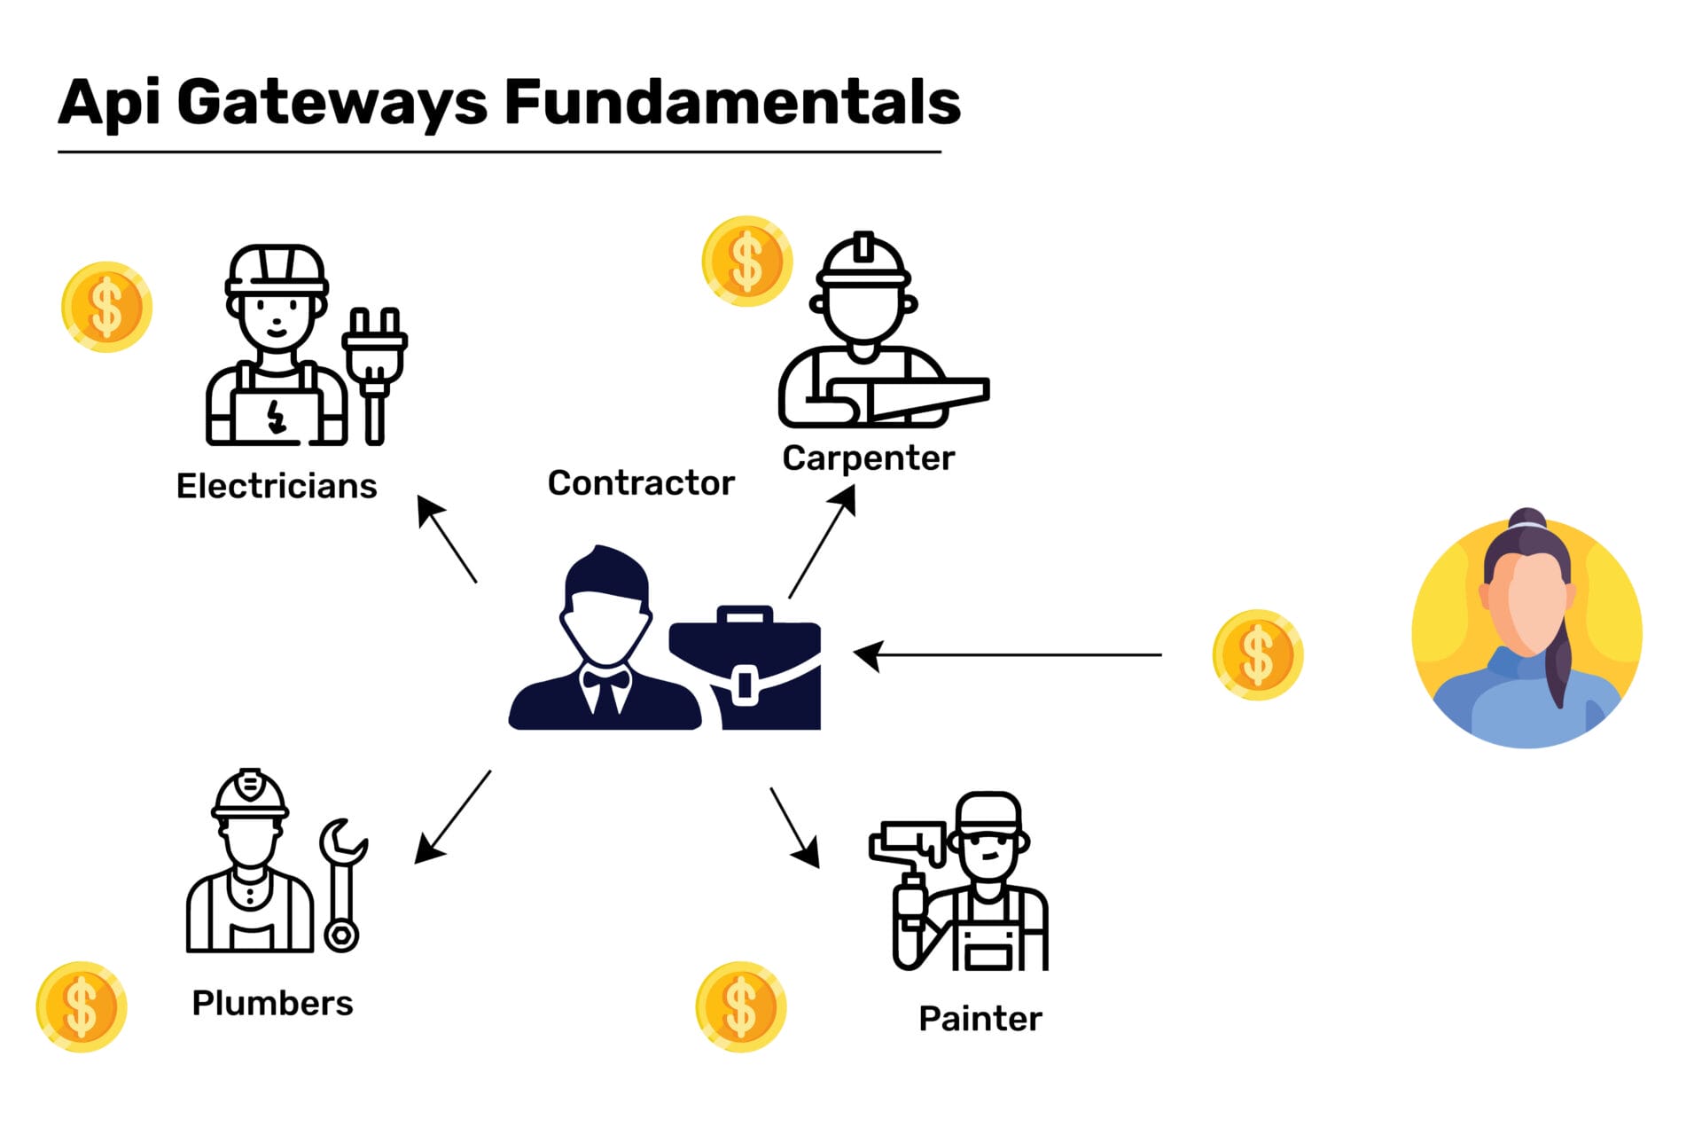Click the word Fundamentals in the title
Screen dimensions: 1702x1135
coord(732,102)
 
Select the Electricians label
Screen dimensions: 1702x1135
coord(277,486)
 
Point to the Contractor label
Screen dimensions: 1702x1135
coord(641,483)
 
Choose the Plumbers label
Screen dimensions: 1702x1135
coord(272,1003)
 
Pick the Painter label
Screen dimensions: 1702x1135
coord(980,1018)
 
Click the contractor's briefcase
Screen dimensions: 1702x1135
coord(745,668)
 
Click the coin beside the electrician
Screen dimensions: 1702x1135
coord(106,307)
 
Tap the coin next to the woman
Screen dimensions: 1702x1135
coord(1257,655)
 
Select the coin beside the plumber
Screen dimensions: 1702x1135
coord(82,1007)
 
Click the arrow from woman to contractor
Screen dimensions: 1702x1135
coord(1007,655)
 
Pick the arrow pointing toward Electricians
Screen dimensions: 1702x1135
coord(447,539)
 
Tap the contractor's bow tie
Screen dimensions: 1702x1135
coord(605,681)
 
